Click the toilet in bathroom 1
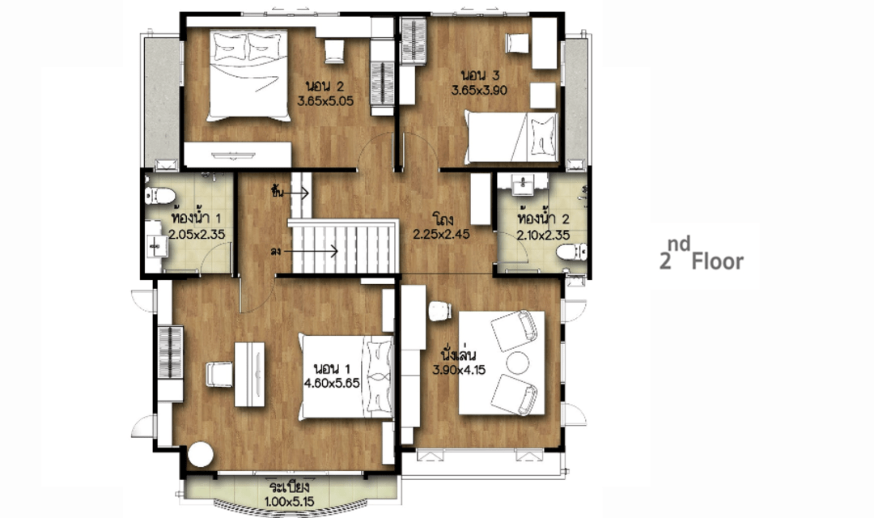tap(160, 196)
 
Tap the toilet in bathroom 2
tap(571, 252)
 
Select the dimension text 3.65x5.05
tap(325, 101)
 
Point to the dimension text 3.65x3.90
tap(479, 91)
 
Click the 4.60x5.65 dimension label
tap(333, 383)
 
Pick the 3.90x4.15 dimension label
tap(460, 369)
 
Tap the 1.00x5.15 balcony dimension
tap(289, 501)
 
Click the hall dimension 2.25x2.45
tap(441, 234)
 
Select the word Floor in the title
tap(717, 261)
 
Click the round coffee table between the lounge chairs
tap(518, 363)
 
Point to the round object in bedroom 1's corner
tap(201, 454)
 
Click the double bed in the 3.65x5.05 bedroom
tap(248, 76)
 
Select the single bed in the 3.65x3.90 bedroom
tap(511, 137)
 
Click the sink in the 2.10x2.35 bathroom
tap(523, 183)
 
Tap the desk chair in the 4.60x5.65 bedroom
tap(219, 374)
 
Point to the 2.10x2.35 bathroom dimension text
tap(543, 236)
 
